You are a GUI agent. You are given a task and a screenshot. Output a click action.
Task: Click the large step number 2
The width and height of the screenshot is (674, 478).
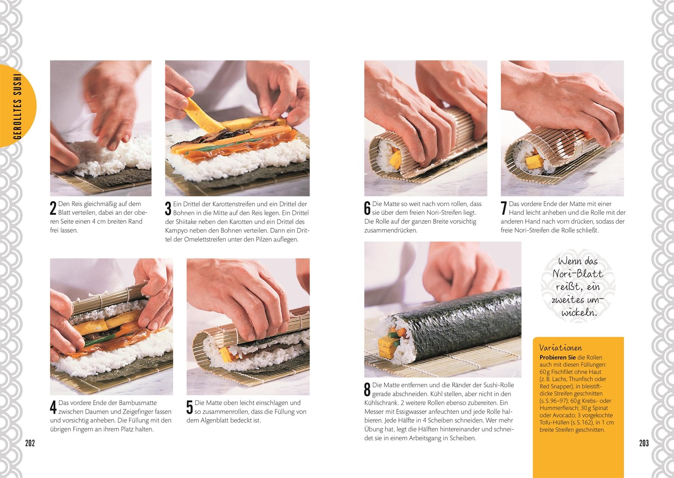53,208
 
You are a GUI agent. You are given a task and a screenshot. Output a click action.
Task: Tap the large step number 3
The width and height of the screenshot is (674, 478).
168,208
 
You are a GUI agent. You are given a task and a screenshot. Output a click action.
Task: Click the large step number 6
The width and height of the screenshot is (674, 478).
367,208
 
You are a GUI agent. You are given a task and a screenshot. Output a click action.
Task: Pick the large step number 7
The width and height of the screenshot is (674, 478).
504,208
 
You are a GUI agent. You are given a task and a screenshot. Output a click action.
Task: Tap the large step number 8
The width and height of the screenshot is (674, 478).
367,389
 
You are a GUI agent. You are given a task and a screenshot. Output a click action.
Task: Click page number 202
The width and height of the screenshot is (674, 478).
30,443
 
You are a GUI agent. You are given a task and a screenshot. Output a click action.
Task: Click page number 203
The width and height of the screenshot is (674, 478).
644,443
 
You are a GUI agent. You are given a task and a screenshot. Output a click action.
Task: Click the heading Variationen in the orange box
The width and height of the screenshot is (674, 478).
560,348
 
